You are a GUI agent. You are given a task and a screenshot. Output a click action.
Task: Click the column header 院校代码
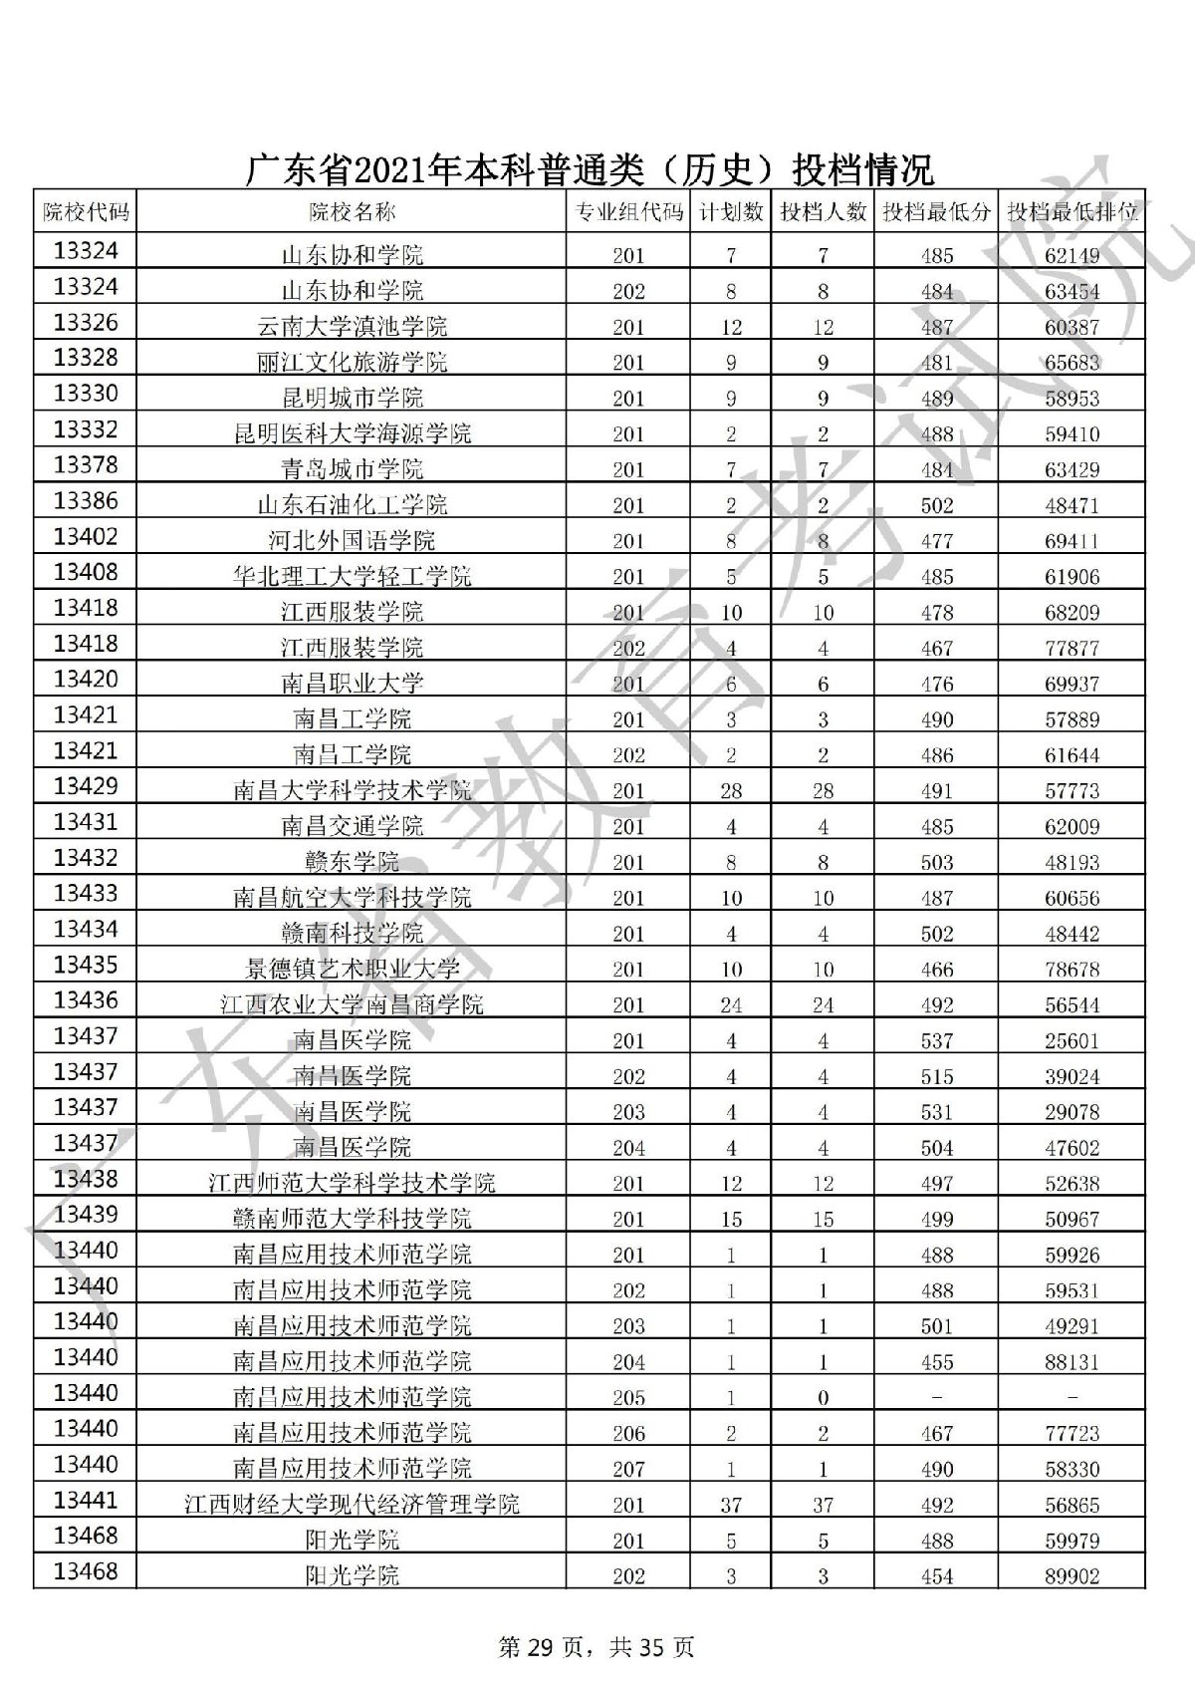tap(85, 211)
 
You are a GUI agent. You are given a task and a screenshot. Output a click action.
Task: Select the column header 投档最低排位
tap(1073, 211)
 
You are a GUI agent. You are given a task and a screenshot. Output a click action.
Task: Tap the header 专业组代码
tap(628, 211)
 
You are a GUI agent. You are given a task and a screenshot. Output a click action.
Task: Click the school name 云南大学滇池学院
tap(352, 327)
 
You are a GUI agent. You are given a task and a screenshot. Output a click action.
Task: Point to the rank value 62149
tap(1073, 256)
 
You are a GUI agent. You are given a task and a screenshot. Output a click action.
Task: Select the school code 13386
tap(85, 501)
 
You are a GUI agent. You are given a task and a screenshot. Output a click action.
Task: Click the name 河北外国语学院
tap(352, 541)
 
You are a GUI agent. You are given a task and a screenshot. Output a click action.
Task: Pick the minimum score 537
tap(937, 1041)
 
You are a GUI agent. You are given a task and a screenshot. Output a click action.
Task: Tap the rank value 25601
tap(1073, 1041)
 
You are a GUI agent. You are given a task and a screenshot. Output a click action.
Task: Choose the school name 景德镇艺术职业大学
tap(352, 969)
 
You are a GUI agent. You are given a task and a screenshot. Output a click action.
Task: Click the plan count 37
tap(731, 1505)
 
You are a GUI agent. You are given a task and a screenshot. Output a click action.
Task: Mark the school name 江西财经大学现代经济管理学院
tap(352, 1504)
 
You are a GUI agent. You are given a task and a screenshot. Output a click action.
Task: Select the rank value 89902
tap(1073, 1576)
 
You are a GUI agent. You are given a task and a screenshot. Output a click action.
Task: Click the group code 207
tap(628, 1469)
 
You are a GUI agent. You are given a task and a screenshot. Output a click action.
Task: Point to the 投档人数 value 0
tap(823, 1398)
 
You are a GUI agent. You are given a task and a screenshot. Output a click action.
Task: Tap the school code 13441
tap(85, 1500)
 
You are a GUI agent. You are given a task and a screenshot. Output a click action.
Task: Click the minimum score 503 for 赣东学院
tap(937, 863)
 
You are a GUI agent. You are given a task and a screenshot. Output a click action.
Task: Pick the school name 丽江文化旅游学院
tap(352, 363)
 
